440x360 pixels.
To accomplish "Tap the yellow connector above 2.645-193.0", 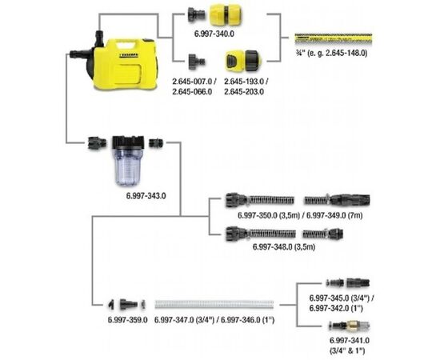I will click(x=242, y=59).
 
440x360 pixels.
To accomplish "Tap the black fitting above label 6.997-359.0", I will click(x=121, y=304).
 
